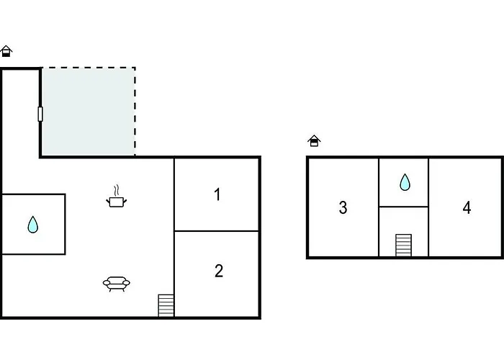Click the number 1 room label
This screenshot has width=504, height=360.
click(217, 194)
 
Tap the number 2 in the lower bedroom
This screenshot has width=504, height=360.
click(219, 271)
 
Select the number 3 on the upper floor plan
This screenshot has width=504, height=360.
click(343, 207)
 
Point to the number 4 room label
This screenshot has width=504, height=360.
click(467, 207)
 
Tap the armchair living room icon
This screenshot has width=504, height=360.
click(117, 284)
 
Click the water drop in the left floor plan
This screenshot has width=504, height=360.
click(33, 225)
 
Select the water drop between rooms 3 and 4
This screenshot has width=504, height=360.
click(405, 182)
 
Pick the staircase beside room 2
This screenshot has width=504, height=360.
click(166, 305)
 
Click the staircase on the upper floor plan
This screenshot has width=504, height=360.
click(403, 246)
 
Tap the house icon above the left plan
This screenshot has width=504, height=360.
click(6, 51)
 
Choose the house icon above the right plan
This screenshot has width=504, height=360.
click(314, 141)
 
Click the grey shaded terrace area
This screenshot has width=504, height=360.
click(88, 112)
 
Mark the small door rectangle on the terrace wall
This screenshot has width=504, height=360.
click(40, 114)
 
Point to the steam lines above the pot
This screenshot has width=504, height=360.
click(117, 191)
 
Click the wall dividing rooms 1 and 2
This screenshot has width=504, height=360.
click(217, 231)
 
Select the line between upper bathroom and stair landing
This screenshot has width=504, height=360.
click(403, 207)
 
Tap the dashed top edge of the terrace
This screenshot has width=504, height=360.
click(89, 68)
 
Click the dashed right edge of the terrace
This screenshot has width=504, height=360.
click(135, 112)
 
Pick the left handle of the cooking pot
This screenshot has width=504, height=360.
click(108, 202)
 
